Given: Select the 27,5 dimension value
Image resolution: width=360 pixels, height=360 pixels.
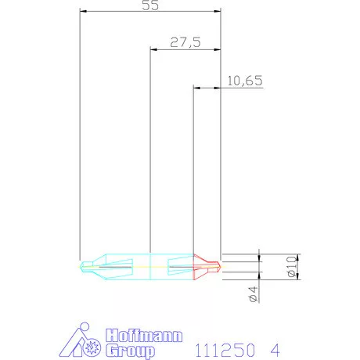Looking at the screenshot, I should pyautogui.click(x=185, y=43).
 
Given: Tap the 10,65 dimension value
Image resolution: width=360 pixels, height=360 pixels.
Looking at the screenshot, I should pyautogui.click(x=244, y=81).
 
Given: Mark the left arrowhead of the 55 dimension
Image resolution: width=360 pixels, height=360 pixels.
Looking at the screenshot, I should pyautogui.click(x=84, y=12).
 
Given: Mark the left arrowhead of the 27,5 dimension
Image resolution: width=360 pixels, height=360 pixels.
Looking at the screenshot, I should pyautogui.click(x=153, y=49).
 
